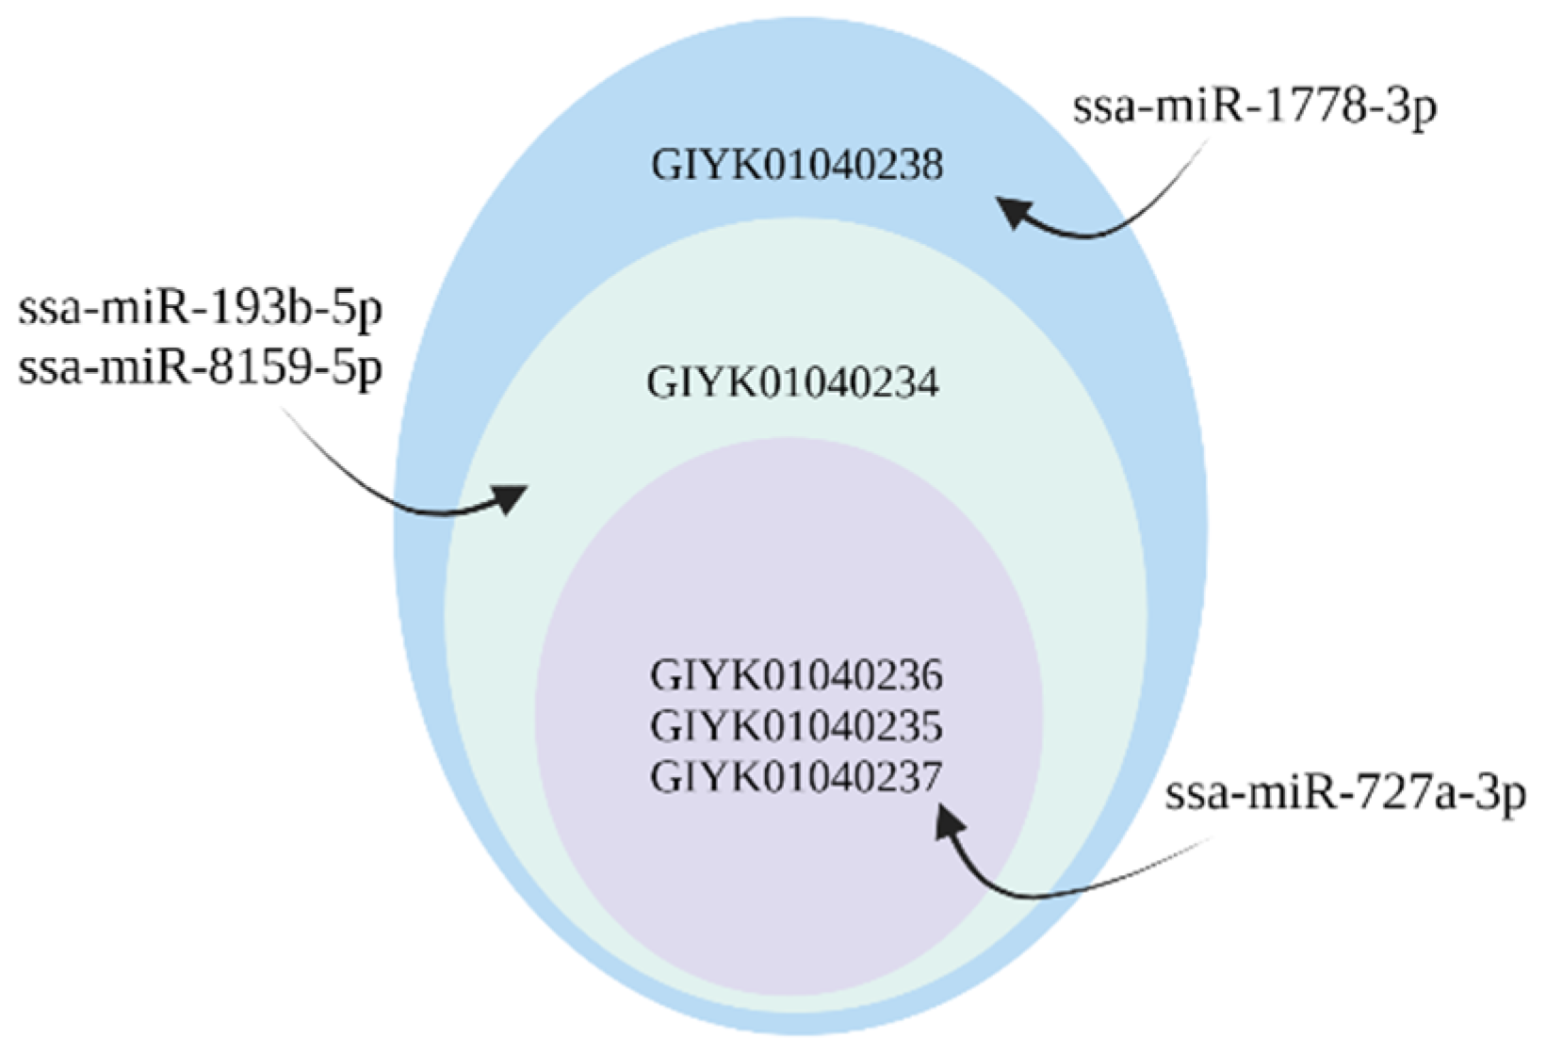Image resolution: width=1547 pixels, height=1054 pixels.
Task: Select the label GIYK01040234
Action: (x=792, y=383)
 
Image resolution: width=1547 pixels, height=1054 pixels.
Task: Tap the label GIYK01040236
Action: (x=796, y=676)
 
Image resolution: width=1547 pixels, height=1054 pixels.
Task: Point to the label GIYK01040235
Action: (x=796, y=726)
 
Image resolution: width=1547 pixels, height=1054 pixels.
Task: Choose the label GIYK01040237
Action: (x=796, y=777)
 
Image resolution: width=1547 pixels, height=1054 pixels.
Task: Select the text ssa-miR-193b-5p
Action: (x=201, y=310)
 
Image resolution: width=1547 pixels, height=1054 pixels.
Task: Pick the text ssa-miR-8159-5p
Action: (x=201, y=366)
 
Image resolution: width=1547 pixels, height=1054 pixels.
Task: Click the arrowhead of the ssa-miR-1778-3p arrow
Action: (x=1016, y=211)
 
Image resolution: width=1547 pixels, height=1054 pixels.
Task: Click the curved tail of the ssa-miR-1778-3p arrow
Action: (x=1131, y=217)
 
